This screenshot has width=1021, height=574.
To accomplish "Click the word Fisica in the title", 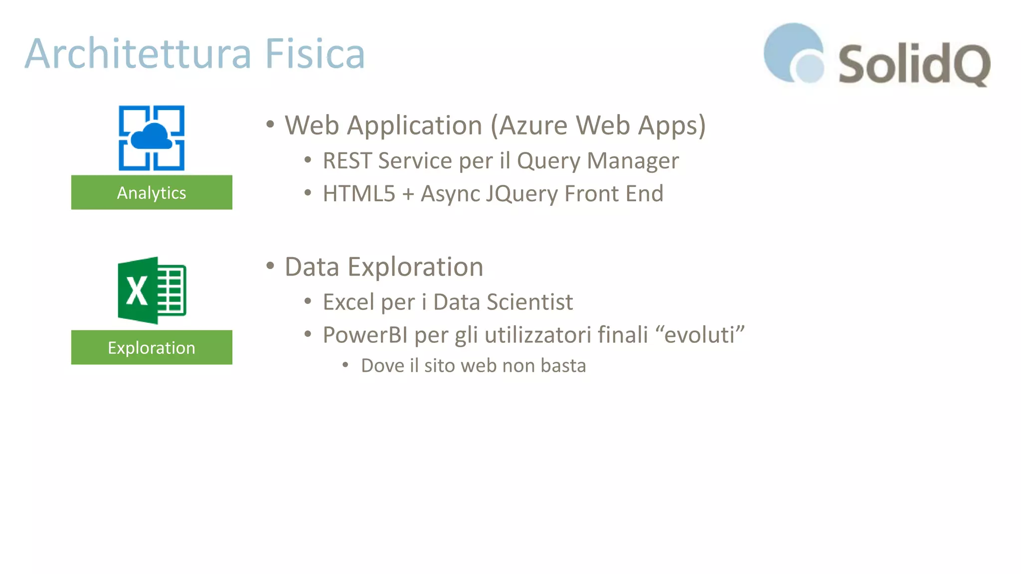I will point(315,54).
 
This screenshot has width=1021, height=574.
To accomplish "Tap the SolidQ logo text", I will point(914,64).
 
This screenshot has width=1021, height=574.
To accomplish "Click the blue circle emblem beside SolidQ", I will point(794,52).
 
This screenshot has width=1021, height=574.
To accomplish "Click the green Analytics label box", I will point(152,192).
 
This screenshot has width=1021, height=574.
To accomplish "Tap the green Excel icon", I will point(152,290).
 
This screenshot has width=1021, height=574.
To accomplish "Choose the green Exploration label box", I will point(152,347).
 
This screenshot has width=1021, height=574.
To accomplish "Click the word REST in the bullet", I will point(347,161).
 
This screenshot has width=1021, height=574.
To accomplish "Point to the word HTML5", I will point(358,194).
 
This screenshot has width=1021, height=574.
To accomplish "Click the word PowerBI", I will point(365,335).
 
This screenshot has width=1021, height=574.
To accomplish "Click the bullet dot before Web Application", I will point(270,124).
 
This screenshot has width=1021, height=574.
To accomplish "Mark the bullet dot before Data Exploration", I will point(270,266).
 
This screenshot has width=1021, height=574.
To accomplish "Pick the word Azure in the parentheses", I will point(532,125).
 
